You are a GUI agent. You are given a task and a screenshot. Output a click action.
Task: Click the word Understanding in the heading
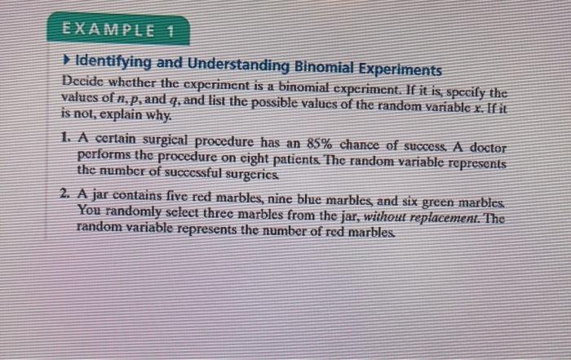click(232, 66)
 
